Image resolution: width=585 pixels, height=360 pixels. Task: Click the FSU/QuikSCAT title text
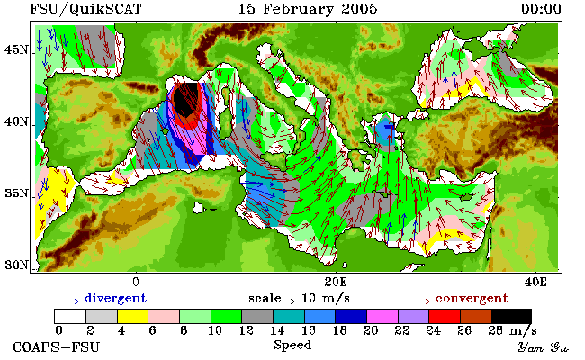click(85, 9)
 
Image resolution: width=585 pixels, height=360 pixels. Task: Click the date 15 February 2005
click(308, 9)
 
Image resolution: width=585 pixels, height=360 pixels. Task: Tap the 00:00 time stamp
click(541, 9)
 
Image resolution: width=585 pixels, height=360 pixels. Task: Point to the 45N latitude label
click(16, 49)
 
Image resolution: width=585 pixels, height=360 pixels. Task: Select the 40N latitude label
click(16, 121)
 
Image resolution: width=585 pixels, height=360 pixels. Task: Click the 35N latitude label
click(16, 193)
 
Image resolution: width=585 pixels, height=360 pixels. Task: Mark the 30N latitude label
click(16, 265)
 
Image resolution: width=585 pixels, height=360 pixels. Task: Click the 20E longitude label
click(336, 282)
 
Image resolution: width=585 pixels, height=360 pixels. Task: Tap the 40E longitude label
click(535, 282)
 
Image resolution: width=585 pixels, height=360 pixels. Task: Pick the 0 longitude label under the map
click(136, 282)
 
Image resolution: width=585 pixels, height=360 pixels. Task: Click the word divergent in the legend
click(116, 299)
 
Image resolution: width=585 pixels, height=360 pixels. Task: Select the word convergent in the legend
click(472, 299)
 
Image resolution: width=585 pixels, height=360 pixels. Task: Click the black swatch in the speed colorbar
click(511, 316)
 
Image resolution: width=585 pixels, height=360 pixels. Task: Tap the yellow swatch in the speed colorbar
click(133, 316)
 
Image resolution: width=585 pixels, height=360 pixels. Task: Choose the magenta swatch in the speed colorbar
click(382, 316)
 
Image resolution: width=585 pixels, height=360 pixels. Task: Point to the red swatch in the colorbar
click(445, 316)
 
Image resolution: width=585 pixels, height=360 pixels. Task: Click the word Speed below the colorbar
click(292, 345)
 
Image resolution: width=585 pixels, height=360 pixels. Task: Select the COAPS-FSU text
click(57, 346)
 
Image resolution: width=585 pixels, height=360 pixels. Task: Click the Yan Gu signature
click(544, 347)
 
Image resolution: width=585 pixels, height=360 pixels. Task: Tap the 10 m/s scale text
click(325, 299)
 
